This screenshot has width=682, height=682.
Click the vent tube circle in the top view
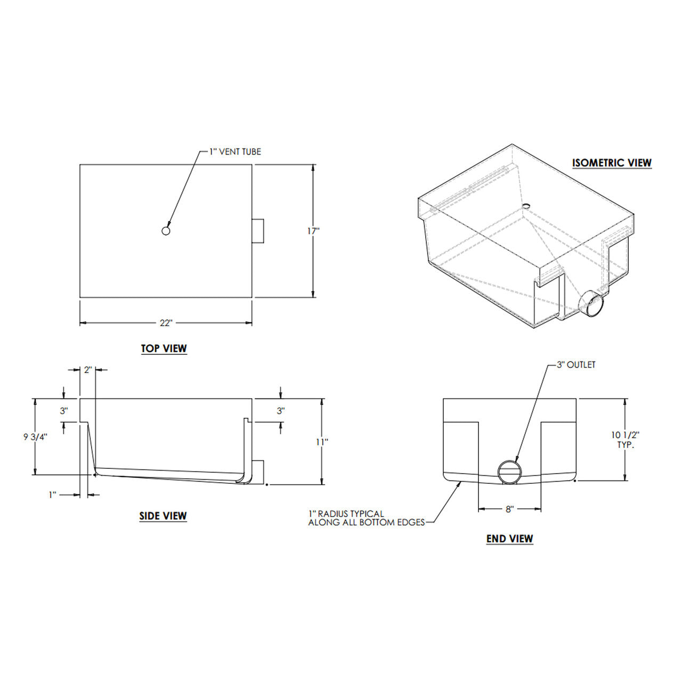tap(166, 231)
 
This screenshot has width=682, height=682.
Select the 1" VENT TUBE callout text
tap(234, 152)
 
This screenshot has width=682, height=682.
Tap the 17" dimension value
tap(313, 231)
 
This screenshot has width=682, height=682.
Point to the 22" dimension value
tap(166, 323)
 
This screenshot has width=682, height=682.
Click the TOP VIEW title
tap(164, 348)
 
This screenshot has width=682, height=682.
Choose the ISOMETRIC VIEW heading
tap(612, 163)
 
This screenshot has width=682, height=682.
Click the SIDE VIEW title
tap(163, 516)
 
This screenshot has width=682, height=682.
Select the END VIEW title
tap(509, 539)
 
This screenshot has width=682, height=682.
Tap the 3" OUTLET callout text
tap(575, 365)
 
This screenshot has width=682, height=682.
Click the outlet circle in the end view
tap(509, 472)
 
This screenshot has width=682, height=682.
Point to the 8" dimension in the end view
tap(509, 509)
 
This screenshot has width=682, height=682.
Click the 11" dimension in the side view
tap(322, 442)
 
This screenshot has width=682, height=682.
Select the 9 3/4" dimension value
tap(35, 437)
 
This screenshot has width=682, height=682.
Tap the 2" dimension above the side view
tap(88, 370)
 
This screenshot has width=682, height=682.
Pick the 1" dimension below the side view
tap(53, 494)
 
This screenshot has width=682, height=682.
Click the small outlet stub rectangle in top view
tap(258, 231)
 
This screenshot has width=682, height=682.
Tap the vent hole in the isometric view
tap(525, 205)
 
